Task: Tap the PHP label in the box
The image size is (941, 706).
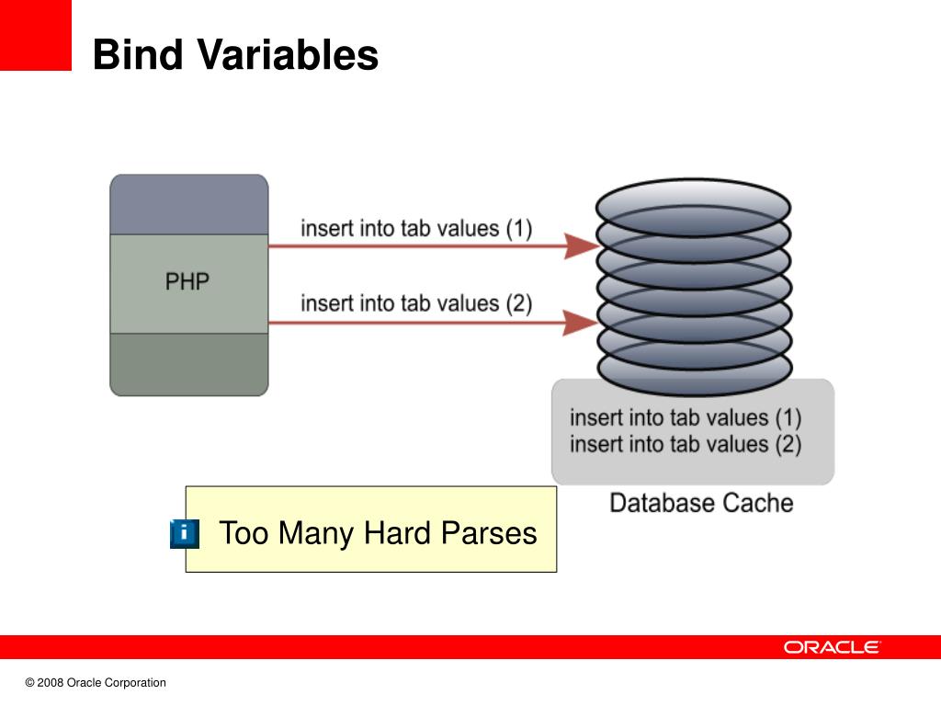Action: tap(187, 281)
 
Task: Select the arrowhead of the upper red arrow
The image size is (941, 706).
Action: tap(581, 245)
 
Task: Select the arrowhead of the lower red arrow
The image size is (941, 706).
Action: tap(581, 323)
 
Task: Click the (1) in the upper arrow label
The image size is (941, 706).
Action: tap(518, 227)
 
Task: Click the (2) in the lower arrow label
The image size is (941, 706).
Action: tap(518, 303)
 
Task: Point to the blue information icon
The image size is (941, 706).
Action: tap(184, 533)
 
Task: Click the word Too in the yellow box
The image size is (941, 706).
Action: tap(243, 532)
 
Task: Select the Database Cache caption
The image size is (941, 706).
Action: tap(701, 503)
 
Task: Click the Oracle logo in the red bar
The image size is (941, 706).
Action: tap(832, 647)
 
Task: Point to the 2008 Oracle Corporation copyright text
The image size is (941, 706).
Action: tap(96, 683)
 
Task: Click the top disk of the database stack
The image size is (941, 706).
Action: tap(693, 197)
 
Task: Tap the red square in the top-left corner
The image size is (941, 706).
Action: tap(35, 35)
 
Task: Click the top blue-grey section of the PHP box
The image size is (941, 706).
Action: tap(188, 205)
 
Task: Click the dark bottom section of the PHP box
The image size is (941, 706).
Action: tap(188, 364)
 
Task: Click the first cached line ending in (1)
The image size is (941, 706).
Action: tap(686, 417)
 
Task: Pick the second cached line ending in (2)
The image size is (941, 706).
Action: tap(686, 445)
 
